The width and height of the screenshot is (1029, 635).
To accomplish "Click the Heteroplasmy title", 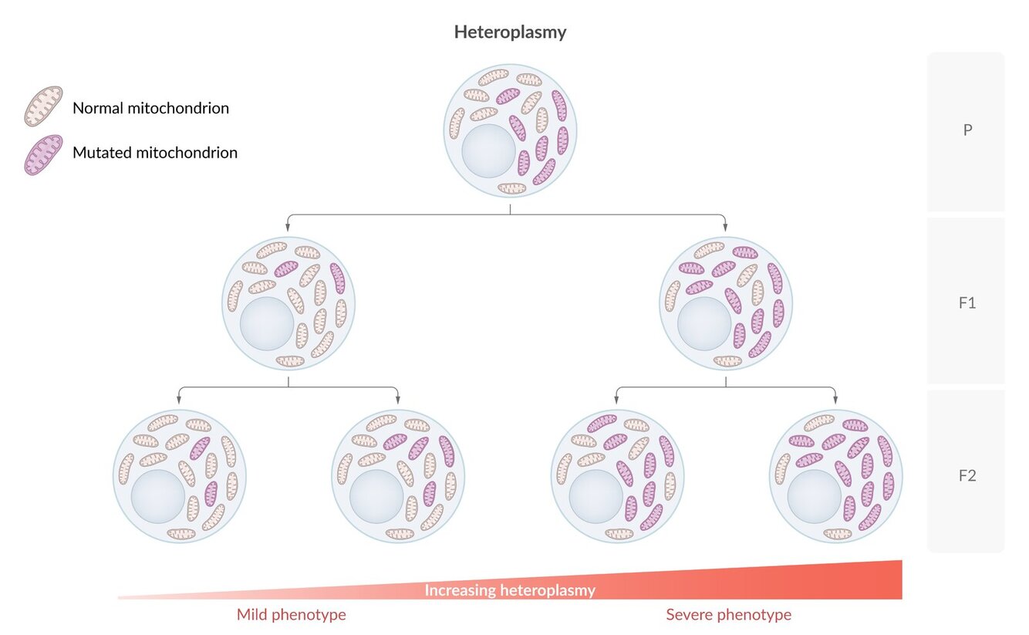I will [x=510, y=32].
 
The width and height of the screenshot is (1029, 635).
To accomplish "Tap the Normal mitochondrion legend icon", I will [x=42, y=106].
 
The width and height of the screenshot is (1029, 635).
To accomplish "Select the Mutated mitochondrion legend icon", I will [x=42, y=154].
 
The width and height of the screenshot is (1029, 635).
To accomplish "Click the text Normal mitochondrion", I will [x=150, y=108].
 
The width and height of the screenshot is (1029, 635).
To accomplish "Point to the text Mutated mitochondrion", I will [x=154, y=153].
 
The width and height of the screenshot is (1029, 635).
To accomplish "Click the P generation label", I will [x=967, y=130].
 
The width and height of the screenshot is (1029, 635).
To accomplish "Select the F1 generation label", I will [x=967, y=302].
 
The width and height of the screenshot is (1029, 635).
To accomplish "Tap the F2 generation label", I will [x=967, y=475].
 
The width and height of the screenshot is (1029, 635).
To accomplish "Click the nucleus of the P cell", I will [x=488, y=150].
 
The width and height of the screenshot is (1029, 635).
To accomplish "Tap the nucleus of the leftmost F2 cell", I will [x=157, y=496].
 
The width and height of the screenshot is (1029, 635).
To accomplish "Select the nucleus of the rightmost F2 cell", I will [x=814, y=496].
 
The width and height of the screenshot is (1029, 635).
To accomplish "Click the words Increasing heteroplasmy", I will [x=510, y=591].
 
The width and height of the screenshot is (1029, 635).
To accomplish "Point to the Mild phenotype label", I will [x=291, y=615].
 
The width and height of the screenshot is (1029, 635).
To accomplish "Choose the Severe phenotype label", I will [x=728, y=615].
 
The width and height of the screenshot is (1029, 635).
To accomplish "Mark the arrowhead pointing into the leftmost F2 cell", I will [x=179, y=400].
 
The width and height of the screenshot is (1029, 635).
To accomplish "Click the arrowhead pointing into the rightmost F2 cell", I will [x=836, y=400].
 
